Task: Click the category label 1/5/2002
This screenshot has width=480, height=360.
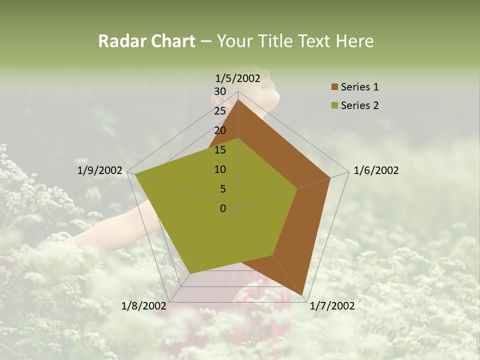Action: (x=238, y=78)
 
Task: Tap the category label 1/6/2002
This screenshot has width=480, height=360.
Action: (x=376, y=170)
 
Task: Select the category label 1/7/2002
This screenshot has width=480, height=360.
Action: (x=332, y=306)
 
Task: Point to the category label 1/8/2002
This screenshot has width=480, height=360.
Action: (x=144, y=306)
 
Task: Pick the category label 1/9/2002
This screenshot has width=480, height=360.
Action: (x=100, y=170)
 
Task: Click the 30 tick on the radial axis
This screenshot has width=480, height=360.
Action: (x=220, y=91)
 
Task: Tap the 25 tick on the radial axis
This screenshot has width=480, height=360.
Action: (x=220, y=111)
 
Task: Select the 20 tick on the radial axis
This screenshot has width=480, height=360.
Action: (x=220, y=130)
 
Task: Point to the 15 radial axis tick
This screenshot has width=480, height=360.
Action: (x=220, y=150)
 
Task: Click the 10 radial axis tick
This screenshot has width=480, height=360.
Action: (x=220, y=169)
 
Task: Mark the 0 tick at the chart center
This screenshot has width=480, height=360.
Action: (x=223, y=208)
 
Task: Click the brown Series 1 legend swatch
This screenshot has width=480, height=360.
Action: (x=334, y=87)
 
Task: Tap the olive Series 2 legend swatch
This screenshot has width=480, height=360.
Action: (x=334, y=105)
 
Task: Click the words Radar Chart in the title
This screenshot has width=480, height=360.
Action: (x=146, y=41)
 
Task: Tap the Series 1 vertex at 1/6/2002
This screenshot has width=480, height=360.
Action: (x=330, y=178)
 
